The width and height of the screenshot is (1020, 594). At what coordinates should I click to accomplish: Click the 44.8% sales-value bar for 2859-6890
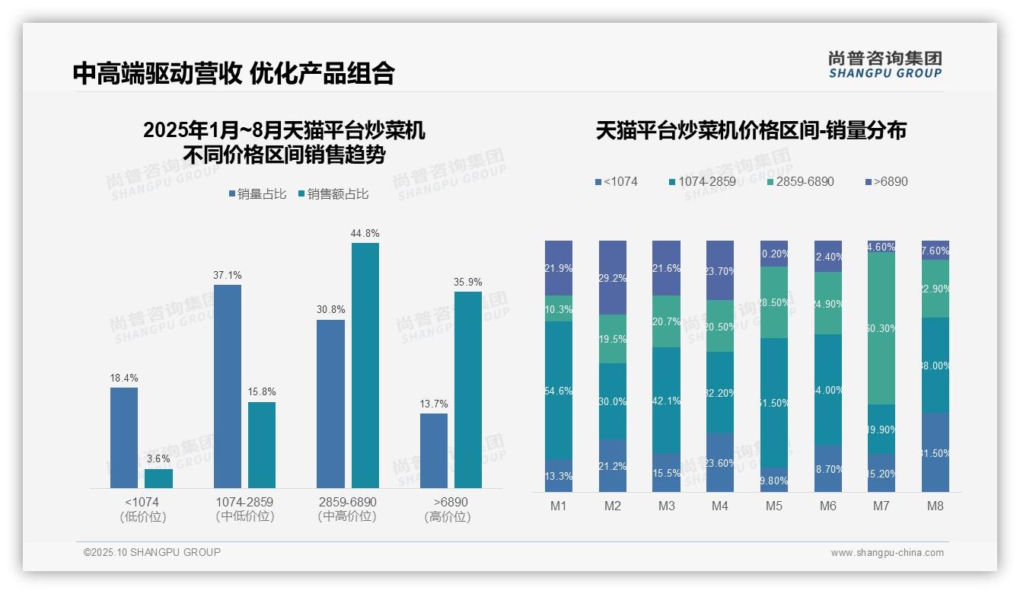pyautogui.click(x=365, y=365)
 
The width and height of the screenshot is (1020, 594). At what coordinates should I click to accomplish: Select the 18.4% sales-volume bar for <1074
pyautogui.click(x=124, y=437)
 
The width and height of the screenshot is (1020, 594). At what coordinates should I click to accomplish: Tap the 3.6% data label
pyautogui.click(x=158, y=458)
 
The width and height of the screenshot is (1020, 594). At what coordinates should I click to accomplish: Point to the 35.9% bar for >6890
pyautogui.click(x=467, y=389)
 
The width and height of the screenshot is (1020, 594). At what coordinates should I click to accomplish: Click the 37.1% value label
pyautogui.click(x=227, y=275)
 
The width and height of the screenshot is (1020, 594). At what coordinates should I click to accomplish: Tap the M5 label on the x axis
pyautogui.click(x=773, y=506)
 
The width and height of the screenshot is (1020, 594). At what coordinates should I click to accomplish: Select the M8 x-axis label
pyautogui.click(x=936, y=506)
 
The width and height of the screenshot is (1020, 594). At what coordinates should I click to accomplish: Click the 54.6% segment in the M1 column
pyautogui.click(x=559, y=390)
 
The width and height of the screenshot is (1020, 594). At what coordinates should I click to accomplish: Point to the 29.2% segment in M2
pyautogui.click(x=613, y=278)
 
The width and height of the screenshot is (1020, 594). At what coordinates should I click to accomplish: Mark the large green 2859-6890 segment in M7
pyautogui.click(x=881, y=327)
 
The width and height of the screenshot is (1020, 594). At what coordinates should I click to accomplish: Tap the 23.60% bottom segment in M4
pyautogui.click(x=720, y=462)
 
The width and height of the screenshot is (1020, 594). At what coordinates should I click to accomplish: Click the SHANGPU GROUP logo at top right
pyautogui.click(x=885, y=64)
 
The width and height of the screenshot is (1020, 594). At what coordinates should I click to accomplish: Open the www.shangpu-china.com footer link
pyautogui.click(x=887, y=553)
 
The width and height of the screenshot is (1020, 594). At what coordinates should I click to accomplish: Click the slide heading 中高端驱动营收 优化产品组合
pyautogui.click(x=234, y=73)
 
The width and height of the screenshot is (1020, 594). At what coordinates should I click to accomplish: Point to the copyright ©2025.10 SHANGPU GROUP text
pyautogui.click(x=152, y=552)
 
